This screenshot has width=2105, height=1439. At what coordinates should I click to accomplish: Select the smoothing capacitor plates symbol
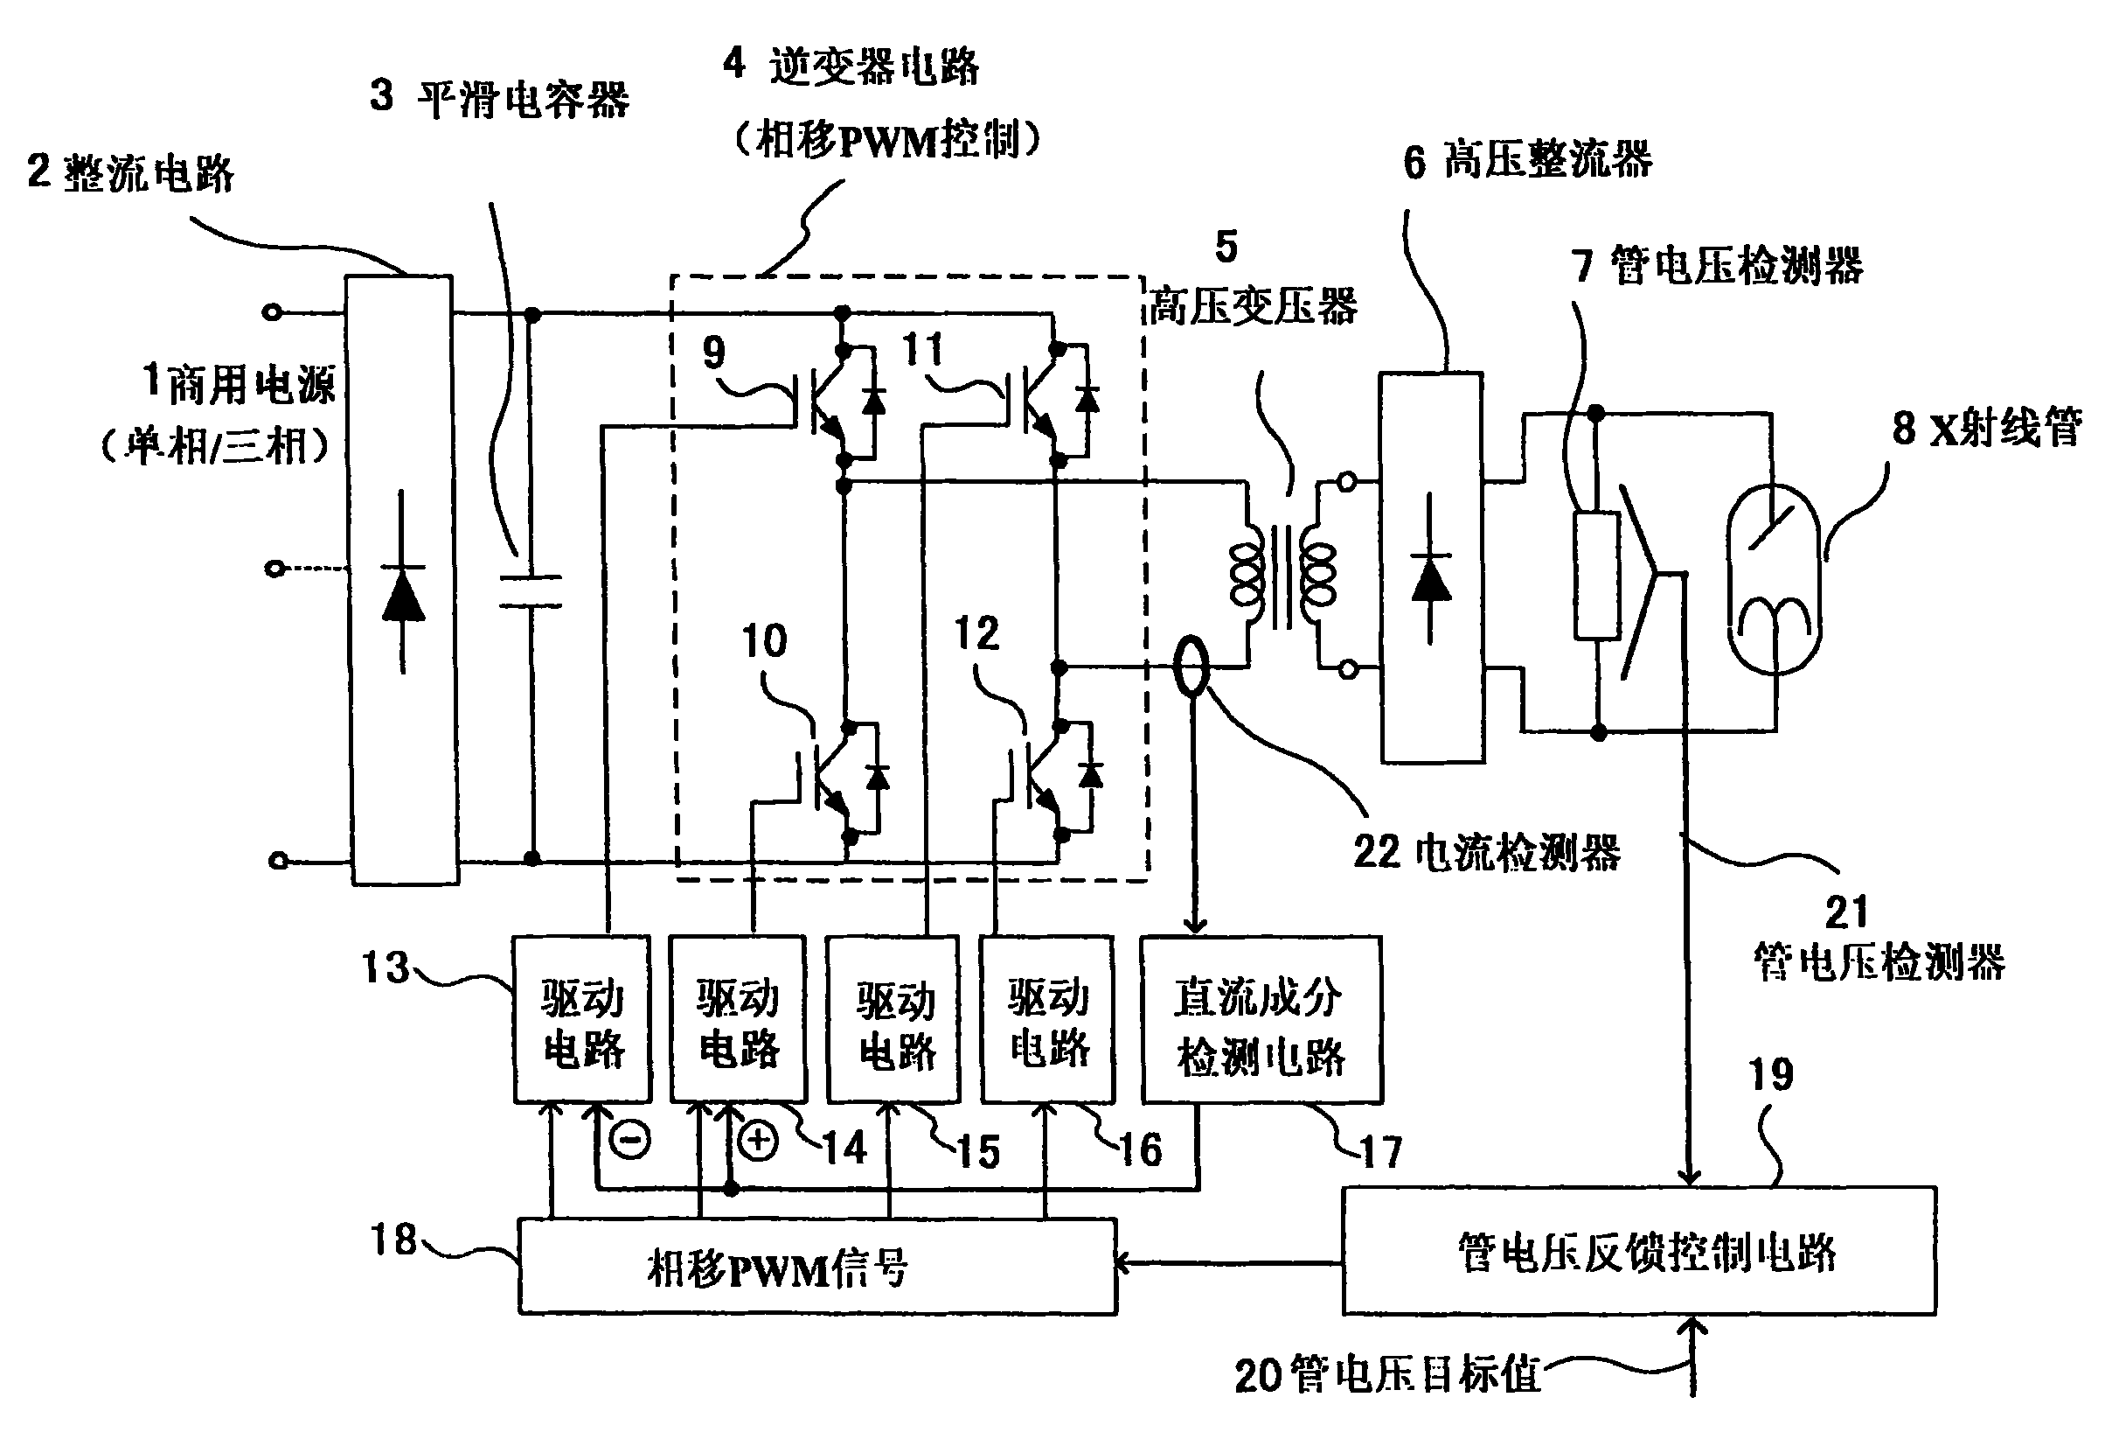(x=531, y=590)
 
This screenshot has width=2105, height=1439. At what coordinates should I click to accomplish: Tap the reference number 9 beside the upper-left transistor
(x=713, y=352)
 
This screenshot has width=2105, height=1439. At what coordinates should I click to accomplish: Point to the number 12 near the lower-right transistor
(x=976, y=632)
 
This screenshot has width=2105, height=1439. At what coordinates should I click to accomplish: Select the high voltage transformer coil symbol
(x=1282, y=576)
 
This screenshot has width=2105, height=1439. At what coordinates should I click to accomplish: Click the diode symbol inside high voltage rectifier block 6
(x=1430, y=571)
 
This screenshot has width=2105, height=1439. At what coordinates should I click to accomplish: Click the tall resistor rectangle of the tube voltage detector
(x=1597, y=576)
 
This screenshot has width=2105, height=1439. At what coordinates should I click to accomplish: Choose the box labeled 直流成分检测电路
(x=1261, y=1019)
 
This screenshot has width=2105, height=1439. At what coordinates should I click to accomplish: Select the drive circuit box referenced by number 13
(x=581, y=1019)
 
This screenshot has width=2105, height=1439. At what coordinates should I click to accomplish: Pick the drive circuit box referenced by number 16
(x=1048, y=1019)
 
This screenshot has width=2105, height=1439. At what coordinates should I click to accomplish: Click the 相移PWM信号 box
(x=817, y=1267)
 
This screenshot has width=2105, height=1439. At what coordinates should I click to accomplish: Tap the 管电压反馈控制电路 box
(x=1638, y=1252)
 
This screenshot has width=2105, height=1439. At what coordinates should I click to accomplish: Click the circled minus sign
(x=629, y=1140)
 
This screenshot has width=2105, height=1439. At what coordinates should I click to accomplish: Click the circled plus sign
(x=758, y=1141)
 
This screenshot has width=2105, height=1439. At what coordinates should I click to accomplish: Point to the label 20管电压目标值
(x=1387, y=1374)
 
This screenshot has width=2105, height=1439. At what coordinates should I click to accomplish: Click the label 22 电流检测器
(x=1486, y=853)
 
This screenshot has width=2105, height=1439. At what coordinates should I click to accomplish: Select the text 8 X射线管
(x=1987, y=428)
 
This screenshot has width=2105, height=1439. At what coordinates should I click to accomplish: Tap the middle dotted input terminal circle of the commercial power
(x=274, y=569)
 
